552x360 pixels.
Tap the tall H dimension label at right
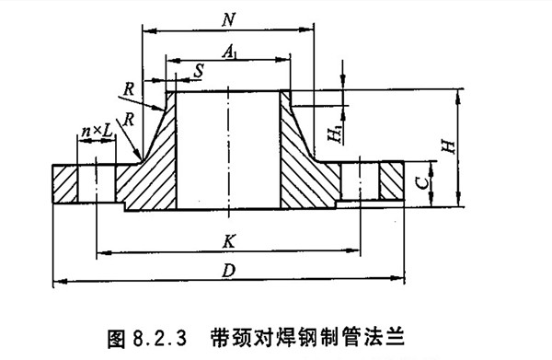445,145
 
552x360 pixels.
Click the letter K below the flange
226,240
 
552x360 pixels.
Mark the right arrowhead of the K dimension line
351,250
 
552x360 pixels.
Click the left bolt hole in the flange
97,182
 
